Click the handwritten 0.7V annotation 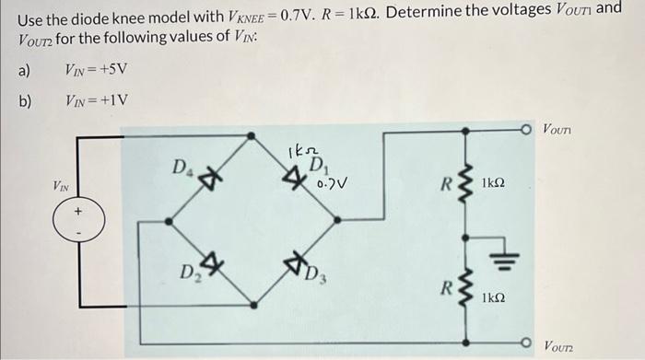pyautogui.click(x=332, y=184)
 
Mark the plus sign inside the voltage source pyautogui.click(x=78, y=212)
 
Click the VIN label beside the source pyautogui.click(x=61, y=187)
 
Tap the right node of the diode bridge pyautogui.click(x=340, y=221)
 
